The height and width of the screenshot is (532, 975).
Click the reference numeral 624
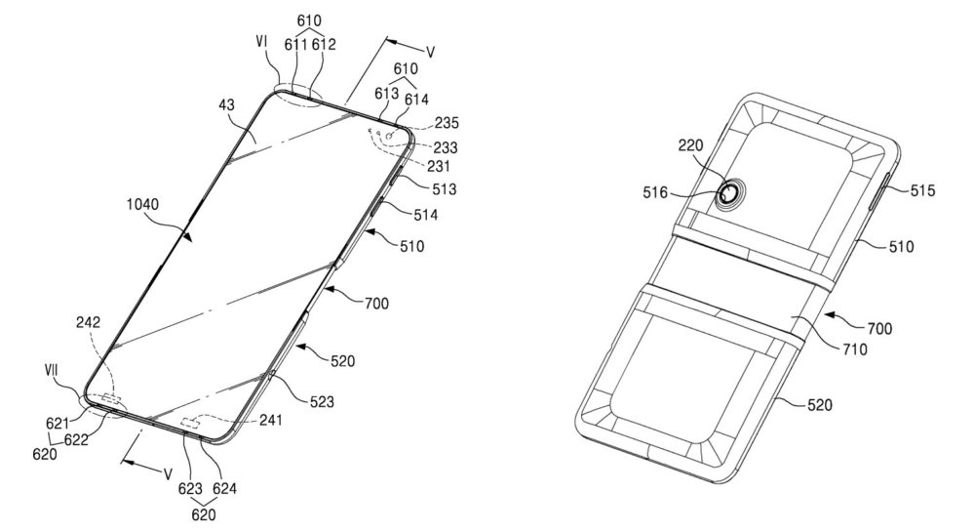pyautogui.click(x=226, y=486)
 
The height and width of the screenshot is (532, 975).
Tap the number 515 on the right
pyautogui.click(x=921, y=191)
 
